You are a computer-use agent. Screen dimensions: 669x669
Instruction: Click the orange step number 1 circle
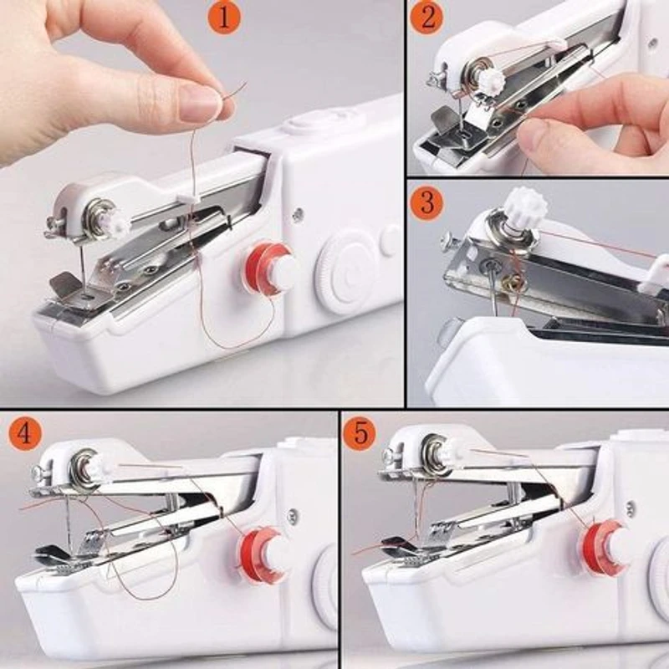[223, 18]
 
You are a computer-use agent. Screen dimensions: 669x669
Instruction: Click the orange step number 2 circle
[426, 18]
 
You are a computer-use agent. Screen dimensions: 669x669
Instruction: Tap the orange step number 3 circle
[426, 203]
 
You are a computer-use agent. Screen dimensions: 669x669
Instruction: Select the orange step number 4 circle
[24, 434]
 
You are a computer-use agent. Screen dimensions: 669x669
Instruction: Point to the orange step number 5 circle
[360, 434]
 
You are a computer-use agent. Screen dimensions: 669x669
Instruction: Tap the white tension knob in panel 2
[490, 81]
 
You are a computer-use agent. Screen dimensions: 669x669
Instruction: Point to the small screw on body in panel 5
[629, 508]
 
